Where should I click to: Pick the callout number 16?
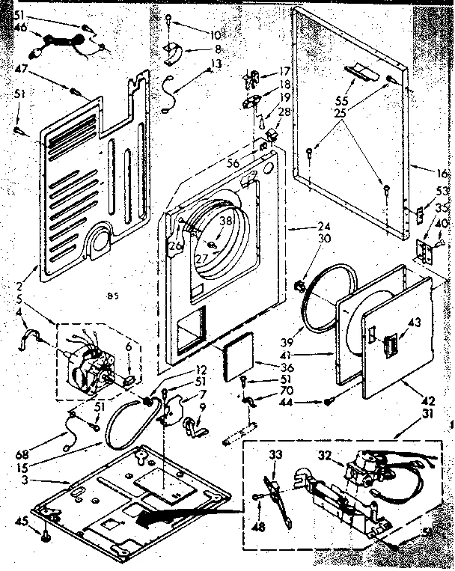[438, 171]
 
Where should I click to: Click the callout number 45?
[22, 522]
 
